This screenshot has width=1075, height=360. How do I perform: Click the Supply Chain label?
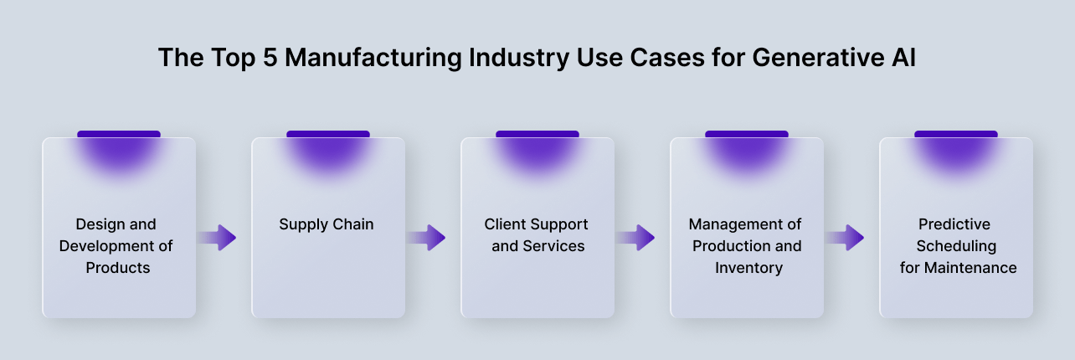pos(327,224)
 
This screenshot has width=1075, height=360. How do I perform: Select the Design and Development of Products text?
pos(117,246)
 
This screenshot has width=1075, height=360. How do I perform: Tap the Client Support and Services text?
pos(537,235)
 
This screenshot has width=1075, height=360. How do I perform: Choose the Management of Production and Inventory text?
pos(745,246)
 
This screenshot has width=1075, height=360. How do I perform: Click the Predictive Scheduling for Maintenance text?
pos(954,246)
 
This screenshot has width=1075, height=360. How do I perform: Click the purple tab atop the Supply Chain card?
pos(328,134)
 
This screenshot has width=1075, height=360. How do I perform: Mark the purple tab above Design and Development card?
pos(119,134)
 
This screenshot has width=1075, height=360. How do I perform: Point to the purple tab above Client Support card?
pos(537,134)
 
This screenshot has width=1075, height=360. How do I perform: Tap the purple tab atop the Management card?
pos(747,134)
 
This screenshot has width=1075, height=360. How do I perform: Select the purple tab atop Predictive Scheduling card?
pos(956,134)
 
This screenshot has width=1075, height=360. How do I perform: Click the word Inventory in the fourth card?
pos(748,268)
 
